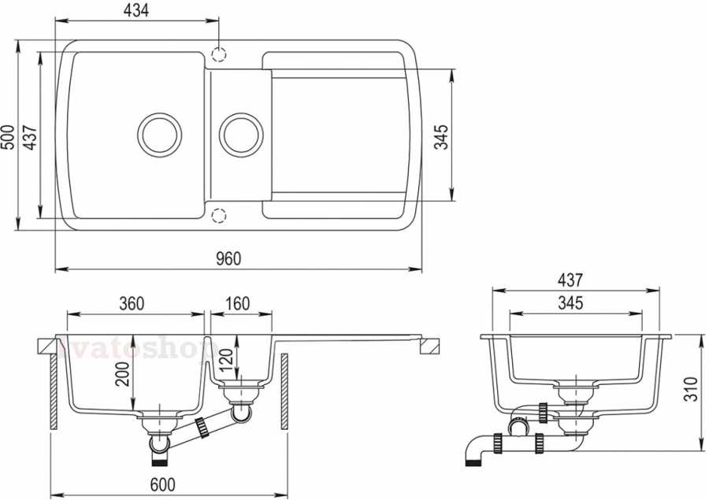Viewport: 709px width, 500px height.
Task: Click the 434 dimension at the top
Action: (x=135, y=10)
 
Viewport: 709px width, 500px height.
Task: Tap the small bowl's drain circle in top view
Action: (x=239, y=133)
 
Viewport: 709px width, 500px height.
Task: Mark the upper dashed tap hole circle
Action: (x=219, y=54)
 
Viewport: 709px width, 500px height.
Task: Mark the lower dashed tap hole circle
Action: (x=219, y=214)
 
